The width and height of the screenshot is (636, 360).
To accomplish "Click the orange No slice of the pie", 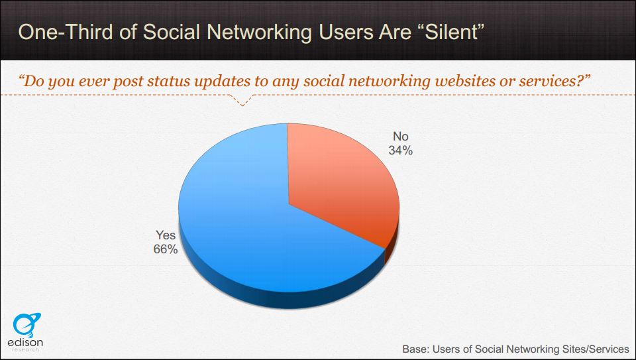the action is click(x=341, y=182).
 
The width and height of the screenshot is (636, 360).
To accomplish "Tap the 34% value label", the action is click(x=400, y=150).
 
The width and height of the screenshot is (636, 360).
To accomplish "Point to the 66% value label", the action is click(x=166, y=249).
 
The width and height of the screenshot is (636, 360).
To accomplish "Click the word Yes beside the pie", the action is click(x=166, y=235).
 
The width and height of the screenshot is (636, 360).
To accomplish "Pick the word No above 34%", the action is click(x=400, y=137).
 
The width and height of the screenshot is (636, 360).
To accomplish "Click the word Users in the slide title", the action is click(x=344, y=32).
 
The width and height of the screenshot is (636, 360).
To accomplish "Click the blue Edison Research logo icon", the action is click(x=26, y=325).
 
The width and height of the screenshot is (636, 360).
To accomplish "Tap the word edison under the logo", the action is click(x=25, y=343).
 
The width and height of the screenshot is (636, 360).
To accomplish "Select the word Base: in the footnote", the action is click(x=416, y=349).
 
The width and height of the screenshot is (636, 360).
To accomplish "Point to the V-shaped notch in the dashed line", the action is click(x=242, y=105).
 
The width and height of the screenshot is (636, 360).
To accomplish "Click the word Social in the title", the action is click(x=171, y=32).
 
